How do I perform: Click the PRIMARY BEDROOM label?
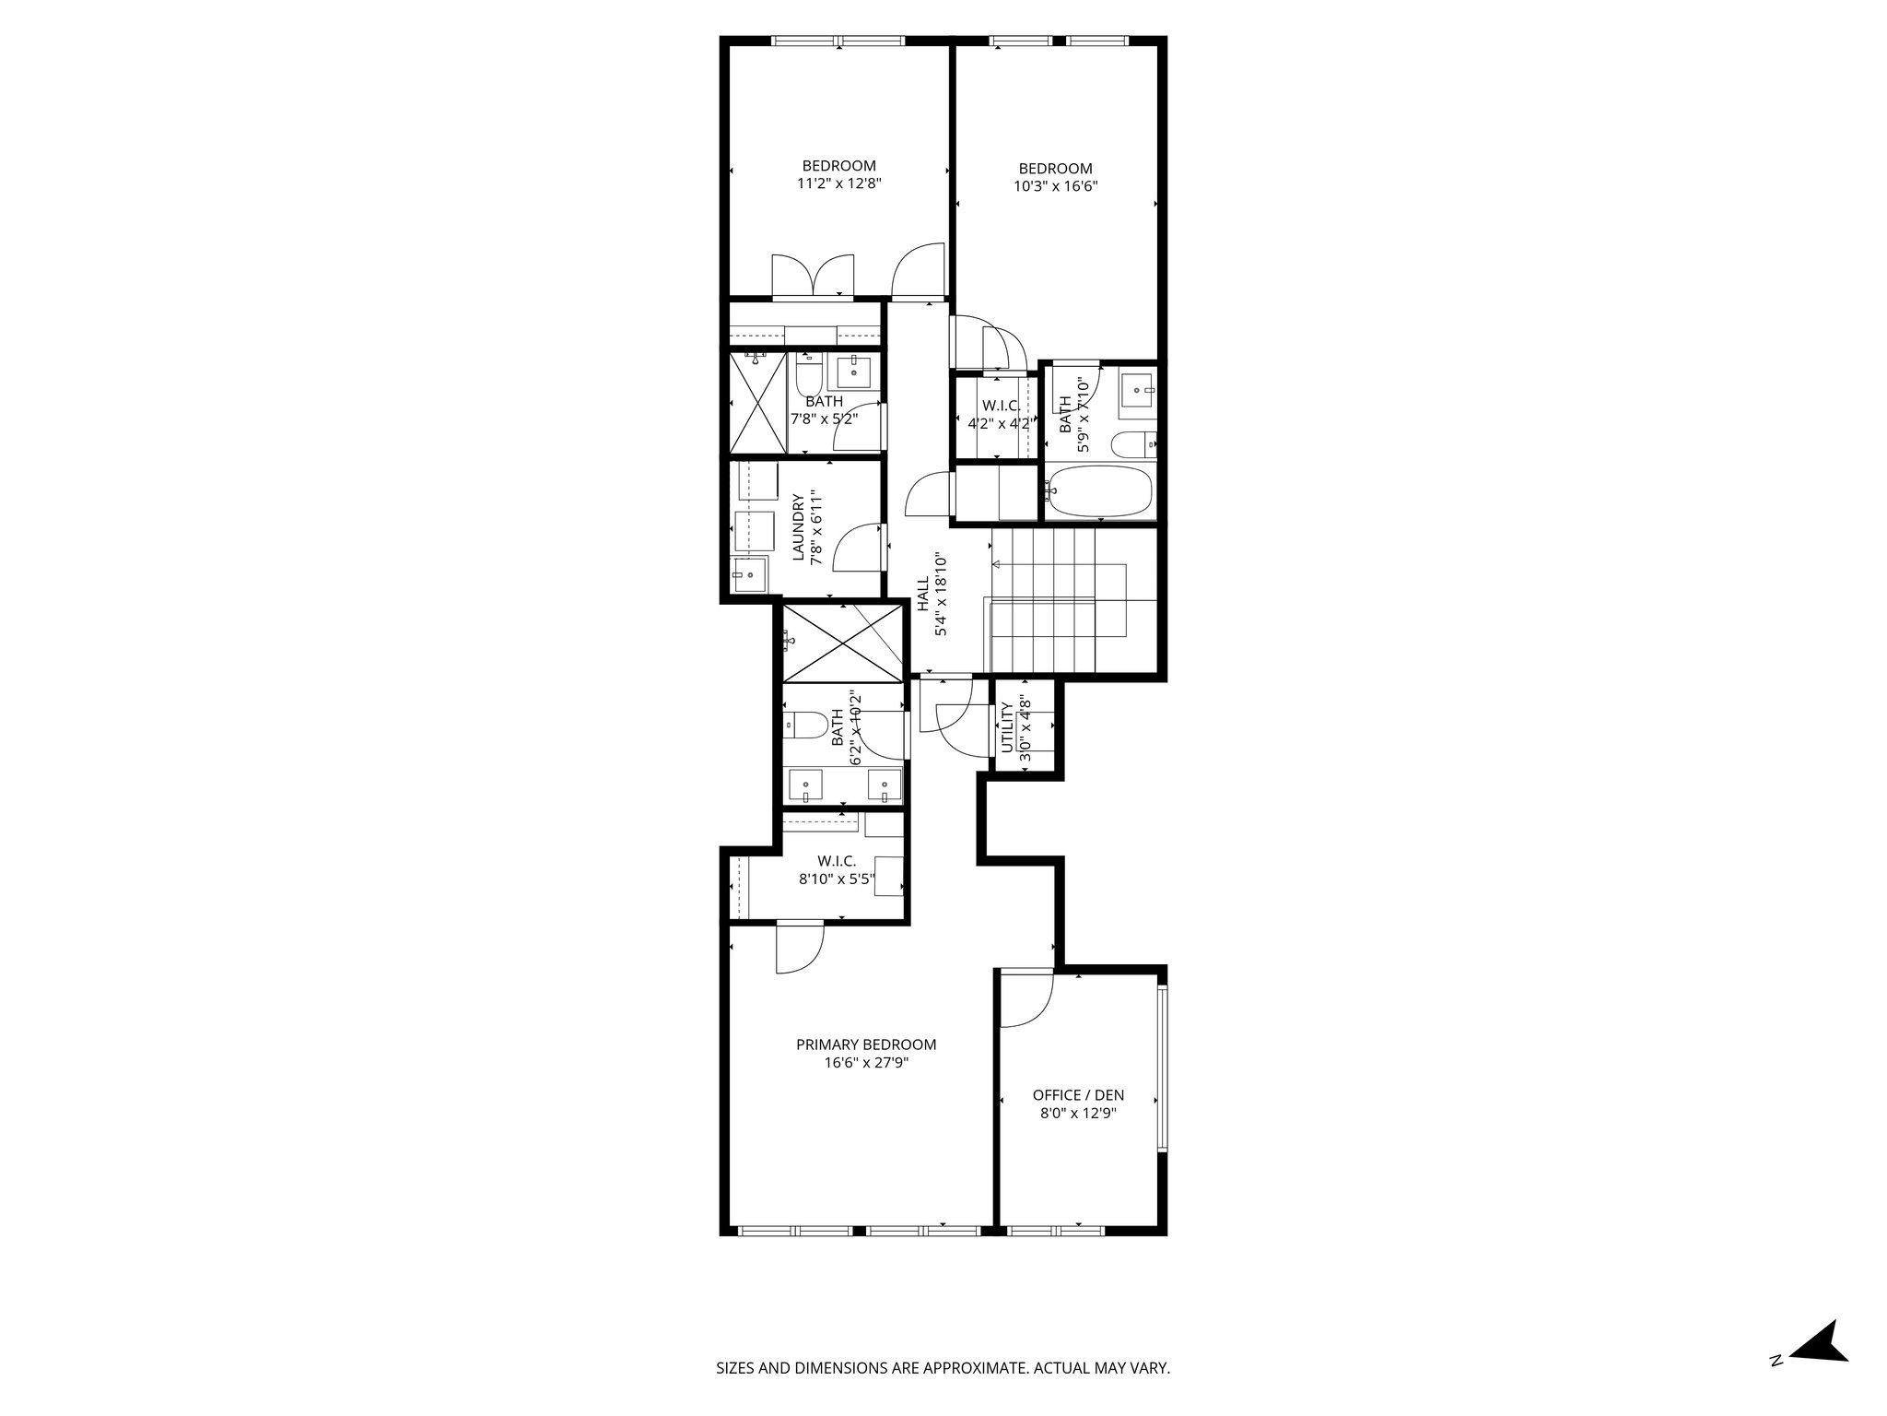click(866, 1044)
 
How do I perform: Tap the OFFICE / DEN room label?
click(1078, 1095)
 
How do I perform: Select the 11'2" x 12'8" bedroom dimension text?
click(839, 183)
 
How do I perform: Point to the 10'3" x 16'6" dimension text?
click(1056, 186)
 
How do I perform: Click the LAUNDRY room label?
click(799, 527)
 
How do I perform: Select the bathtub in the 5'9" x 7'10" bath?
click(1099, 492)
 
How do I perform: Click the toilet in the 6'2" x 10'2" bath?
click(805, 726)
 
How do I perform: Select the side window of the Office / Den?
click(1163, 1069)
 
